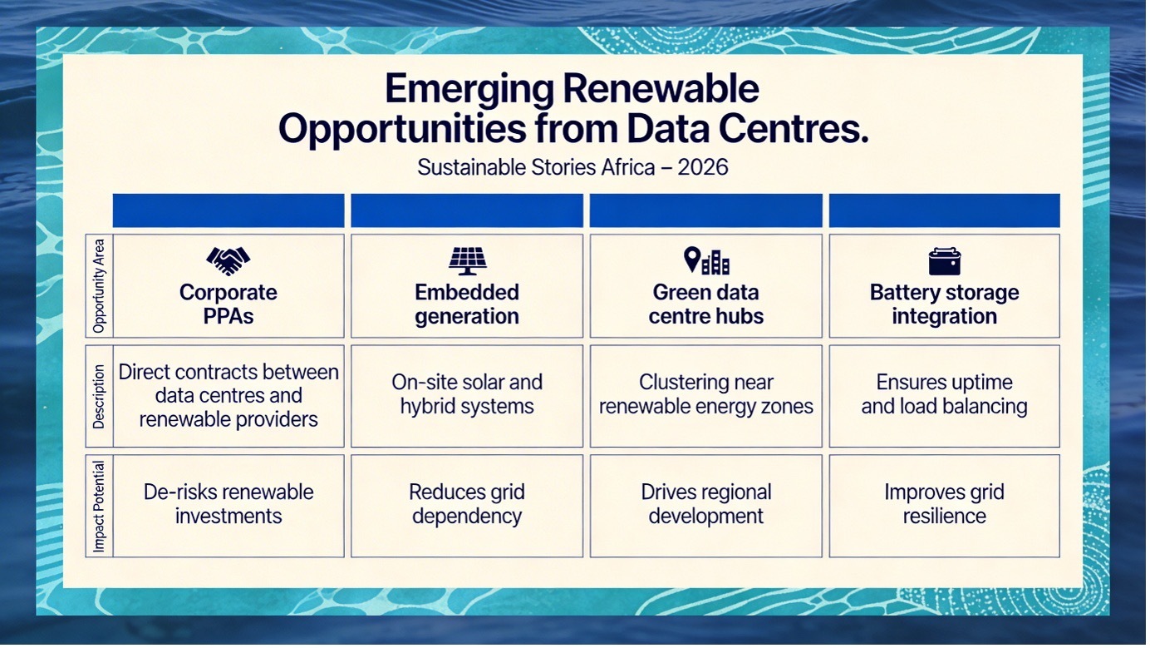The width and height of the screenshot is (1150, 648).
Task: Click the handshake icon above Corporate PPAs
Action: (x=228, y=260)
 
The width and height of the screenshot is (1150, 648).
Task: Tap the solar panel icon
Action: (x=467, y=260)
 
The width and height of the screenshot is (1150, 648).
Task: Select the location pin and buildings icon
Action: (x=706, y=260)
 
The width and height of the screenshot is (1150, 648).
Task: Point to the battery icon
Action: (x=945, y=261)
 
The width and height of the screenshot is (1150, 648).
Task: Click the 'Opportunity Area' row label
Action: (x=99, y=285)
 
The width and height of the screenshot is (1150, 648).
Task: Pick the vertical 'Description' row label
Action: (x=99, y=396)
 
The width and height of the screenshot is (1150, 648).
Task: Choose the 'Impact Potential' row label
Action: (x=99, y=506)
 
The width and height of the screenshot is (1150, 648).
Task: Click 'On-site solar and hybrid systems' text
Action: (x=467, y=394)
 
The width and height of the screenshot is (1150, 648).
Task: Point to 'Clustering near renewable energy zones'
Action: (x=706, y=394)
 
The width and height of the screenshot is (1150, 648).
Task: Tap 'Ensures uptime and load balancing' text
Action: (x=944, y=394)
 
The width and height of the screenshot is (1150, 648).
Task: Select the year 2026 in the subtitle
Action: (x=702, y=167)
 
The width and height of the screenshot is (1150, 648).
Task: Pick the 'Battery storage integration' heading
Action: (x=944, y=304)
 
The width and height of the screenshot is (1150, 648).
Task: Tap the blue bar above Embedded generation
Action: (x=467, y=210)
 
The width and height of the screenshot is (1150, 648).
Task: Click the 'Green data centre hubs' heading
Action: (x=706, y=304)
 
